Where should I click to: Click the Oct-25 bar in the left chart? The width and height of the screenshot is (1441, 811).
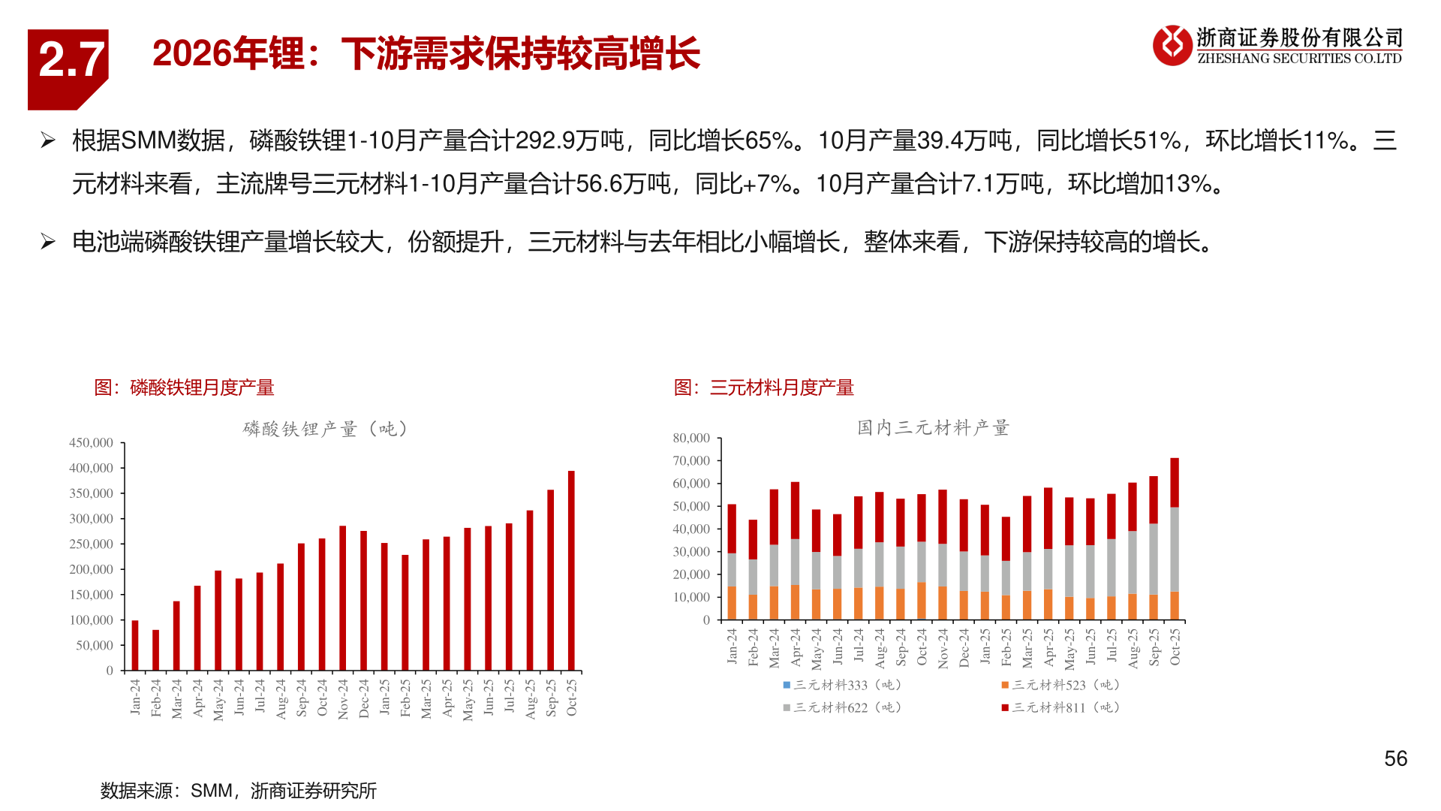(571, 571)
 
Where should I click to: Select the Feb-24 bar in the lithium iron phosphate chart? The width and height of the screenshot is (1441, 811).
(156, 650)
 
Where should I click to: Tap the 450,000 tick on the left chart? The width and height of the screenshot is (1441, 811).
(91, 443)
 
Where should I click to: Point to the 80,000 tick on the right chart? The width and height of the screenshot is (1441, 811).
(691, 438)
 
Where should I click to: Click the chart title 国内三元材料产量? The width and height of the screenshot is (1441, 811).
(933, 428)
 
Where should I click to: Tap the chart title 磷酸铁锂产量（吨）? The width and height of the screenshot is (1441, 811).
(325, 429)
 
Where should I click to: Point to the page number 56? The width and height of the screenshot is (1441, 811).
(1395, 758)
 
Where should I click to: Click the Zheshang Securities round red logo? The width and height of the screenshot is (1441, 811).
(1172, 46)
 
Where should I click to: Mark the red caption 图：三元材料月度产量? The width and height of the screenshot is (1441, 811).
(763, 387)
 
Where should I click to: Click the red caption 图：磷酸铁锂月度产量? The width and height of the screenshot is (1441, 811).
(184, 387)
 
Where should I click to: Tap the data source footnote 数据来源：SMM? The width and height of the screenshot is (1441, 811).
(239, 791)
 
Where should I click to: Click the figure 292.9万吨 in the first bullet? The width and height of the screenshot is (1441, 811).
(570, 140)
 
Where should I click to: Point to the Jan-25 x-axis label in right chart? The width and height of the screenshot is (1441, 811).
(985, 647)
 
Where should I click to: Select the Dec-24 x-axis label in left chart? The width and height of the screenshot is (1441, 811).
(364, 698)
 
